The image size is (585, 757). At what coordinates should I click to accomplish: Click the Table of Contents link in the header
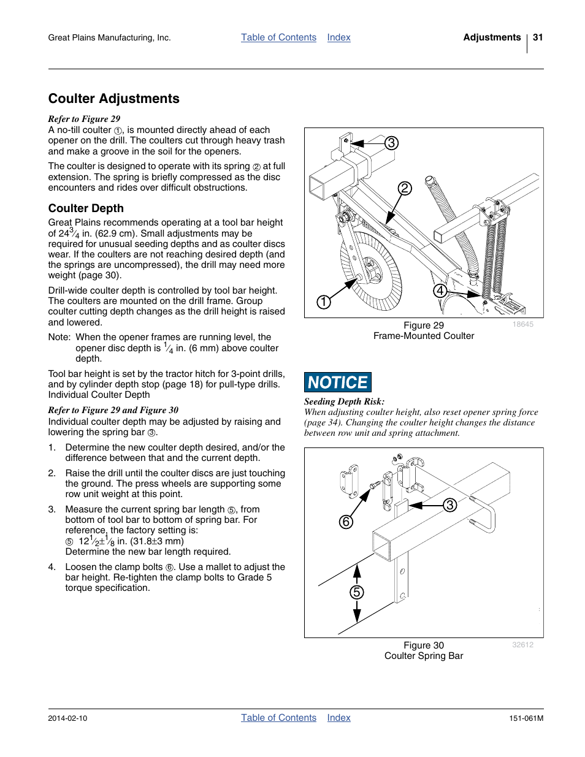click(x=278, y=37)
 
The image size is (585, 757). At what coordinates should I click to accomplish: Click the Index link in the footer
click(x=338, y=718)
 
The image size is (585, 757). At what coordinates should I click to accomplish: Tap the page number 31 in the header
click(x=538, y=37)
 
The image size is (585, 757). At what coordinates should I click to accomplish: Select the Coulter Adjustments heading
click(x=114, y=99)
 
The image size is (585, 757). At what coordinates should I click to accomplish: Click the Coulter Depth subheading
click(x=86, y=208)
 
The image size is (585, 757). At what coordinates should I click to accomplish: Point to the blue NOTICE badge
click(x=338, y=382)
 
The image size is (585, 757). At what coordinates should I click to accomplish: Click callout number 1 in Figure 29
click(x=324, y=302)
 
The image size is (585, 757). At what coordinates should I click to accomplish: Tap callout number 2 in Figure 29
click(x=405, y=188)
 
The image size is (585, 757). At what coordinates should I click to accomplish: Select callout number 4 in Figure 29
click(x=440, y=291)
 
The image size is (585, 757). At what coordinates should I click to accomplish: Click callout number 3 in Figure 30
click(x=450, y=504)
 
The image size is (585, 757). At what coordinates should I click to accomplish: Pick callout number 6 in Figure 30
click(x=346, y=522)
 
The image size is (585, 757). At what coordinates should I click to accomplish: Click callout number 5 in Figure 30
click(x=357, y=592)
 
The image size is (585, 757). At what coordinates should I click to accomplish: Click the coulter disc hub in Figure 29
click(x=372, y=268)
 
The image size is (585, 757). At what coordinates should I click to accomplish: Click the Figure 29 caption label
click(x=423, y=325)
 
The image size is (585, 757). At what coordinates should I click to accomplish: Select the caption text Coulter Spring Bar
click(x=424, y=656)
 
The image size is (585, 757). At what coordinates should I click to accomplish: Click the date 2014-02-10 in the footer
click(x=67, y=718)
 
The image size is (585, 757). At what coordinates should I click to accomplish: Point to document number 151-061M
click(x=526, y=718)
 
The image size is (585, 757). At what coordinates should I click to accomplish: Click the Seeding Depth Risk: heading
click(x=344, y=401)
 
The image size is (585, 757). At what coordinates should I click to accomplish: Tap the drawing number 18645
click(x=523, y=324)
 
